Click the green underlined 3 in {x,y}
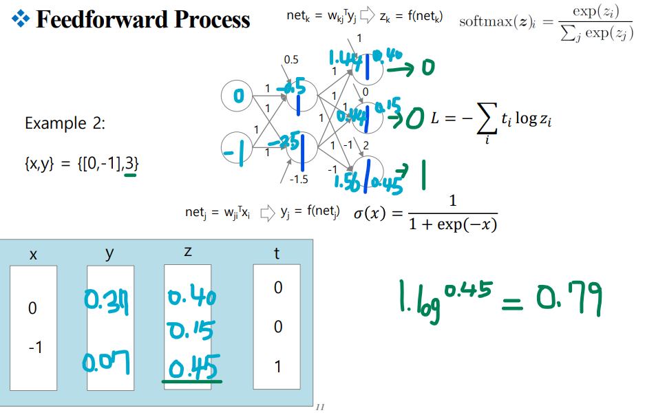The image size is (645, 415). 130,164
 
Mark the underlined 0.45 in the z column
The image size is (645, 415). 192,365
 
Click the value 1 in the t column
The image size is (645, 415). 277,367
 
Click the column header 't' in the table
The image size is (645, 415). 277,254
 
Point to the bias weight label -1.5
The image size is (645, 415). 299,180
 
